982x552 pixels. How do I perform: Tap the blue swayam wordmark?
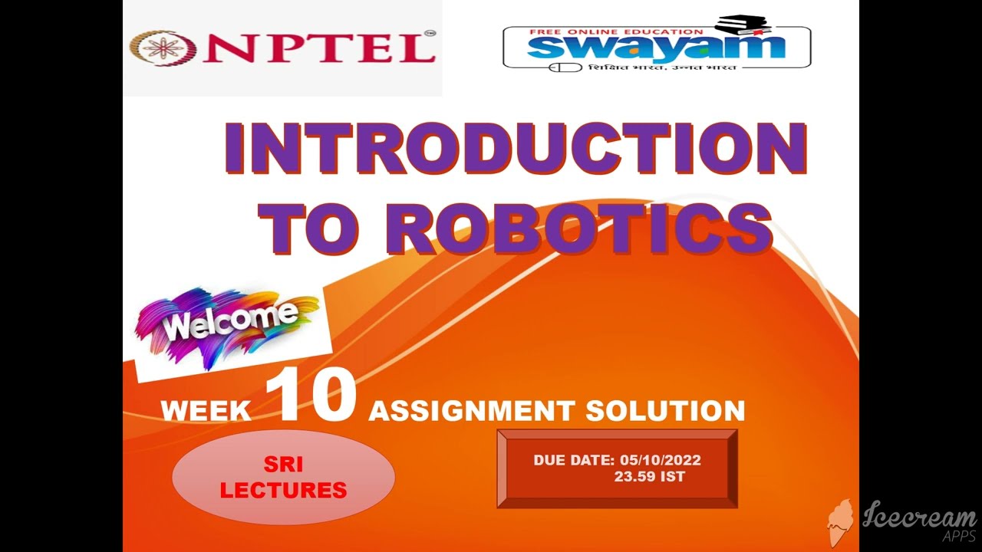tap(656, 46)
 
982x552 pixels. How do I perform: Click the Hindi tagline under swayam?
tap(662, 67)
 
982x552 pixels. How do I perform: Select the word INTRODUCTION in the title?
tap(516, 149)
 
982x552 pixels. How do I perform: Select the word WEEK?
tap(206, 411)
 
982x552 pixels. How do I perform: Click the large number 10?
tap(311, 399)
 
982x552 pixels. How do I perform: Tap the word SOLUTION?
tap(665, 411)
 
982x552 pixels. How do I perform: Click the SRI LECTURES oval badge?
tap(283, 477)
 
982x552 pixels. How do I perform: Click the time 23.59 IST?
tap(649, 476)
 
